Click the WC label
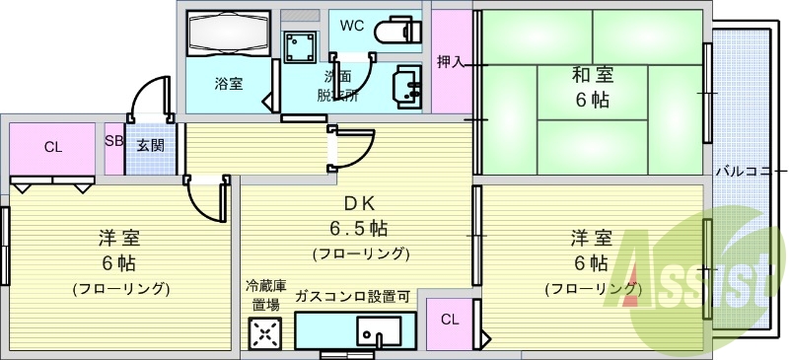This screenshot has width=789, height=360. (x=352, y=26)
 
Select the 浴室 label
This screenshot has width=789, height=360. (x=229, y=84)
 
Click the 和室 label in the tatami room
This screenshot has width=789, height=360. (x=592, y=74)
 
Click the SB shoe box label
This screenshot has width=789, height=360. (x=113, y=141)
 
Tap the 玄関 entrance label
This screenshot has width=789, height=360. (x=150, y=146)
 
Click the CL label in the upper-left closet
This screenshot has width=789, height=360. (x=52, y=148)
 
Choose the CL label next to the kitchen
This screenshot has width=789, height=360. (x=450, y=319)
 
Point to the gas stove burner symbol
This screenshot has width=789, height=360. (x=265, y=335)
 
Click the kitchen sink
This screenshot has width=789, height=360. (x=378, y=330)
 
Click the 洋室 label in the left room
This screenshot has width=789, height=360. (x=118, y=238)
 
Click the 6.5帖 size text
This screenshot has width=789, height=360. (x=359, y=229)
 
